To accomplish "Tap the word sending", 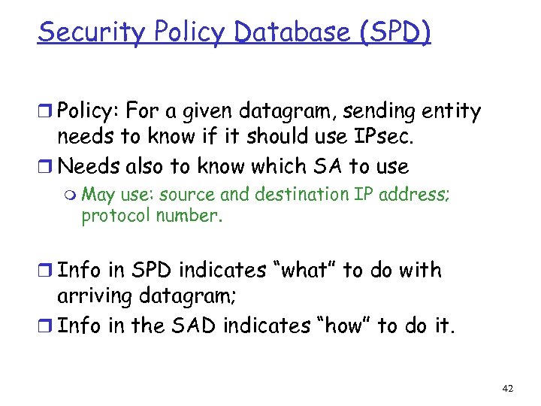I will [342, 112].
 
